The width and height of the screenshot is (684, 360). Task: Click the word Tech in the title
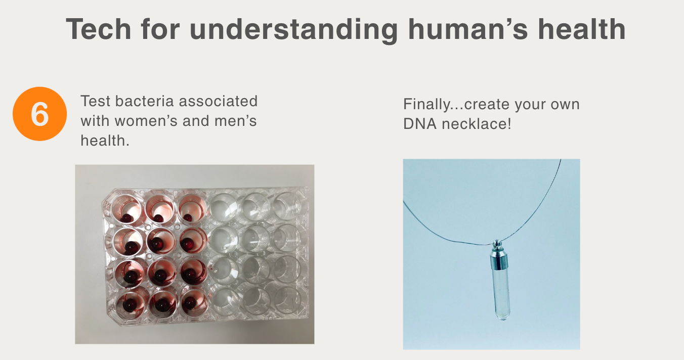(x=98, y=29)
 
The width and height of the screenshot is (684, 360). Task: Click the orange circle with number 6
(x=39, y=114)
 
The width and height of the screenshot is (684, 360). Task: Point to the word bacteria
(x=144, y=101)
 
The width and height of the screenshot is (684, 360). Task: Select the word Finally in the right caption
(x=426, y=105)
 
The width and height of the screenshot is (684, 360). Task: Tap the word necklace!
(x=477, y=123)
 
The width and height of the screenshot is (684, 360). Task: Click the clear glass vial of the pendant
(x=501, y=294)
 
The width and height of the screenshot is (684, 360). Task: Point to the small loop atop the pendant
(x=497, y=244)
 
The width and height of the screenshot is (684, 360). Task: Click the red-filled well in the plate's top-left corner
(x=126, y=209)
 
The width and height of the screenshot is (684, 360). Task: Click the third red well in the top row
(x=191, y=209)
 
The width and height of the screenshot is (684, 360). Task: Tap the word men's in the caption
(x=235, y=121)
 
